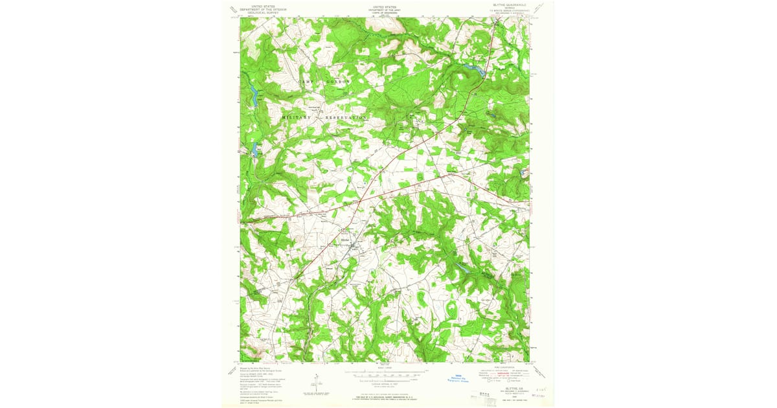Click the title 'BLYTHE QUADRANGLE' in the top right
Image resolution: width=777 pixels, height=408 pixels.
(509, 5)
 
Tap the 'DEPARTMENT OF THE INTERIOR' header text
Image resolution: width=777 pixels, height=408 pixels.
(262, 8)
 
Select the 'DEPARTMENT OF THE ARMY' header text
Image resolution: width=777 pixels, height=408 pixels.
(384, 8)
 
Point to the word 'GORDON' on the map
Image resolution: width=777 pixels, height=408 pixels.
(337, 82)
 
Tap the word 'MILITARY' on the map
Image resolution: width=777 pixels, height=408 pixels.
(297, 117)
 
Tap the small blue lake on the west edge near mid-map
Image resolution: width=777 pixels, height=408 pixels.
(255, 150)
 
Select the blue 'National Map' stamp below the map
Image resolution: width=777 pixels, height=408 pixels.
(454, 381)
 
